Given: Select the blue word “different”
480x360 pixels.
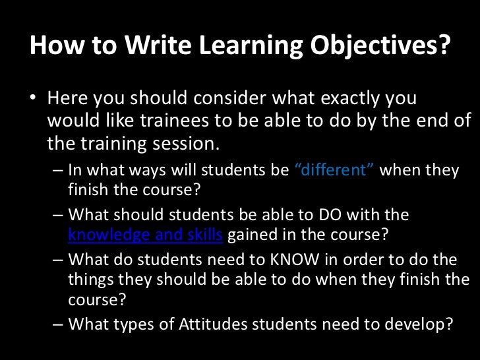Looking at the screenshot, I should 335,169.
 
